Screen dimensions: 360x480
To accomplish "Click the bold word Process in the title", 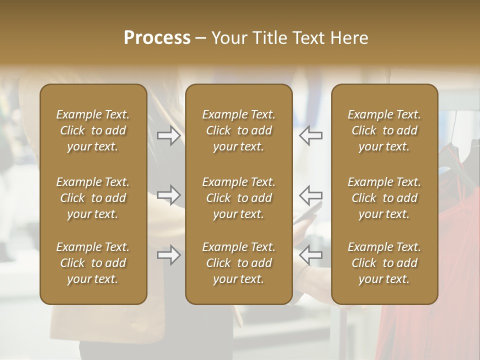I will [157, 38].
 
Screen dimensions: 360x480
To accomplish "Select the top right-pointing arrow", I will [169, 135].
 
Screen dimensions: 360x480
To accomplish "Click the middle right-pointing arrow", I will [169, 195].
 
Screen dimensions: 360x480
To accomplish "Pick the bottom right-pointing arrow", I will [169, 255].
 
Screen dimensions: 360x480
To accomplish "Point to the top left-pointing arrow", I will [310, 135].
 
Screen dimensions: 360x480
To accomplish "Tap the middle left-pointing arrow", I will [310, 195].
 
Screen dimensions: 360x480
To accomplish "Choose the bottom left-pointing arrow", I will [310, 255].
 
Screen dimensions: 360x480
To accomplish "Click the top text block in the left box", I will [93, 130].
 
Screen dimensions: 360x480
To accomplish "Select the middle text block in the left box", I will [93, 198].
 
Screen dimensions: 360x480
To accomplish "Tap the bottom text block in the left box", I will [93, 263].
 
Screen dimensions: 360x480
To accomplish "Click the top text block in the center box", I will [238, 130].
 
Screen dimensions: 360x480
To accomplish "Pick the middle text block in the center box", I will [238, 198].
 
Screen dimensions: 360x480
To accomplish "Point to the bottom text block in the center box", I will [238, 263].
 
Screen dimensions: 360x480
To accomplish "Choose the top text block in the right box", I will [384, 130].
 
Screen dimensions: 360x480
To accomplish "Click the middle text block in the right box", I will [384, 198].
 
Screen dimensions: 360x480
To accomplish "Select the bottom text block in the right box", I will [384, 263].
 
